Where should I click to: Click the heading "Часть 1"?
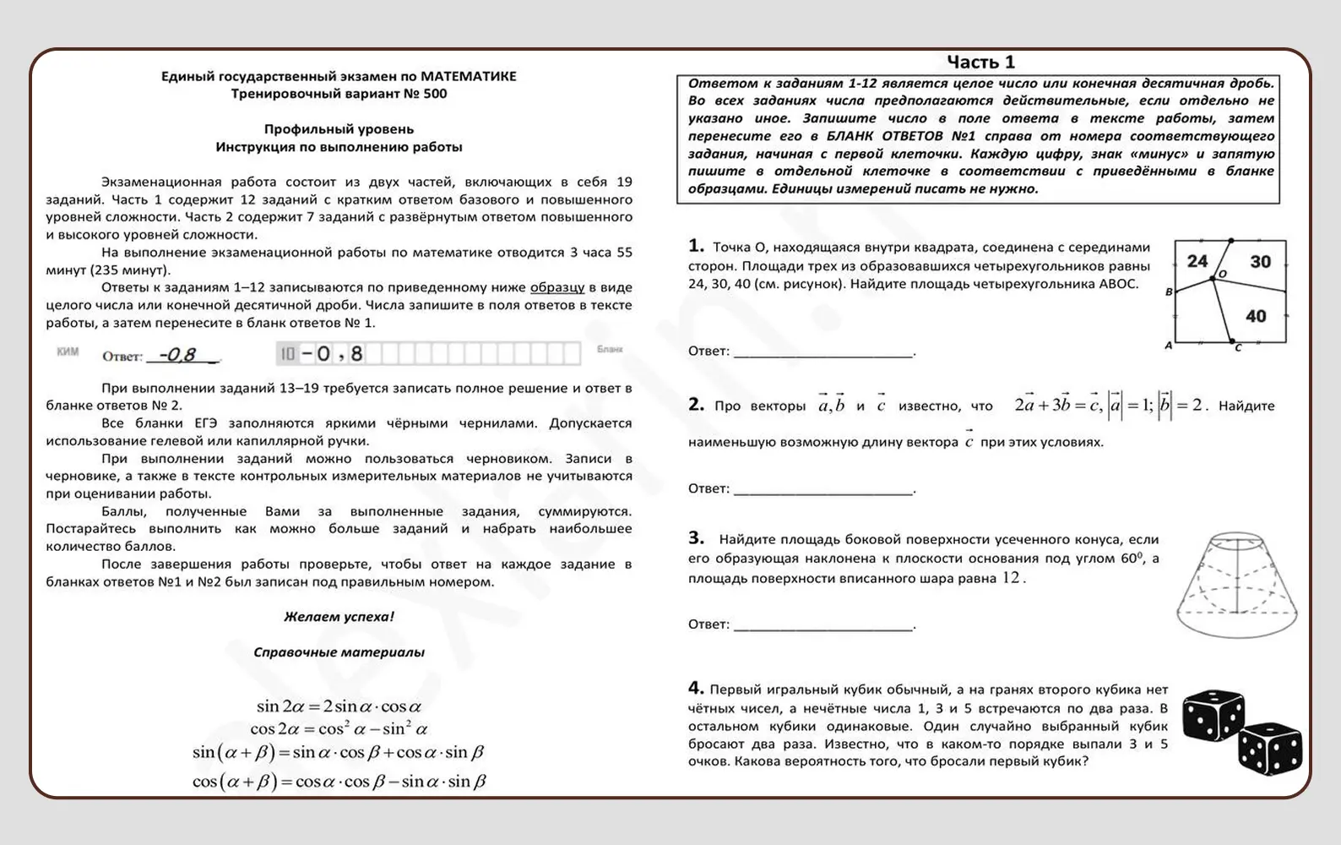click(980, 62)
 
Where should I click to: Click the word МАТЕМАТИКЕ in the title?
click(468, 76)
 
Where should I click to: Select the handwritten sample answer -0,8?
click(180, 355)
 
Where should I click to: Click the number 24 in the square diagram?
click(1197, 261)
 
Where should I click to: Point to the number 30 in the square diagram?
click(1260, 262)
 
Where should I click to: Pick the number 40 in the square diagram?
click(1256, 316)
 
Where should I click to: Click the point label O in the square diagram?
click(1221, 275)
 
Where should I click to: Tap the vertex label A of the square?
click(1169, 345)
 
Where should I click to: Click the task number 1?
click(696, 246)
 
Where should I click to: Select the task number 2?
click(696, 405)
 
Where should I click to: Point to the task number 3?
click(696, 538)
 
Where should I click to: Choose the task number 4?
click(696, 688)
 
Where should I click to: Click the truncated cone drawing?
click(1237, 584)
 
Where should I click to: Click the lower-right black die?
click(1269, 748)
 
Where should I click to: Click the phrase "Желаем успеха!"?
click(339, 617)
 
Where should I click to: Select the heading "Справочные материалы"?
click(339, 652)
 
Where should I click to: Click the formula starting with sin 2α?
click(339, 706)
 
